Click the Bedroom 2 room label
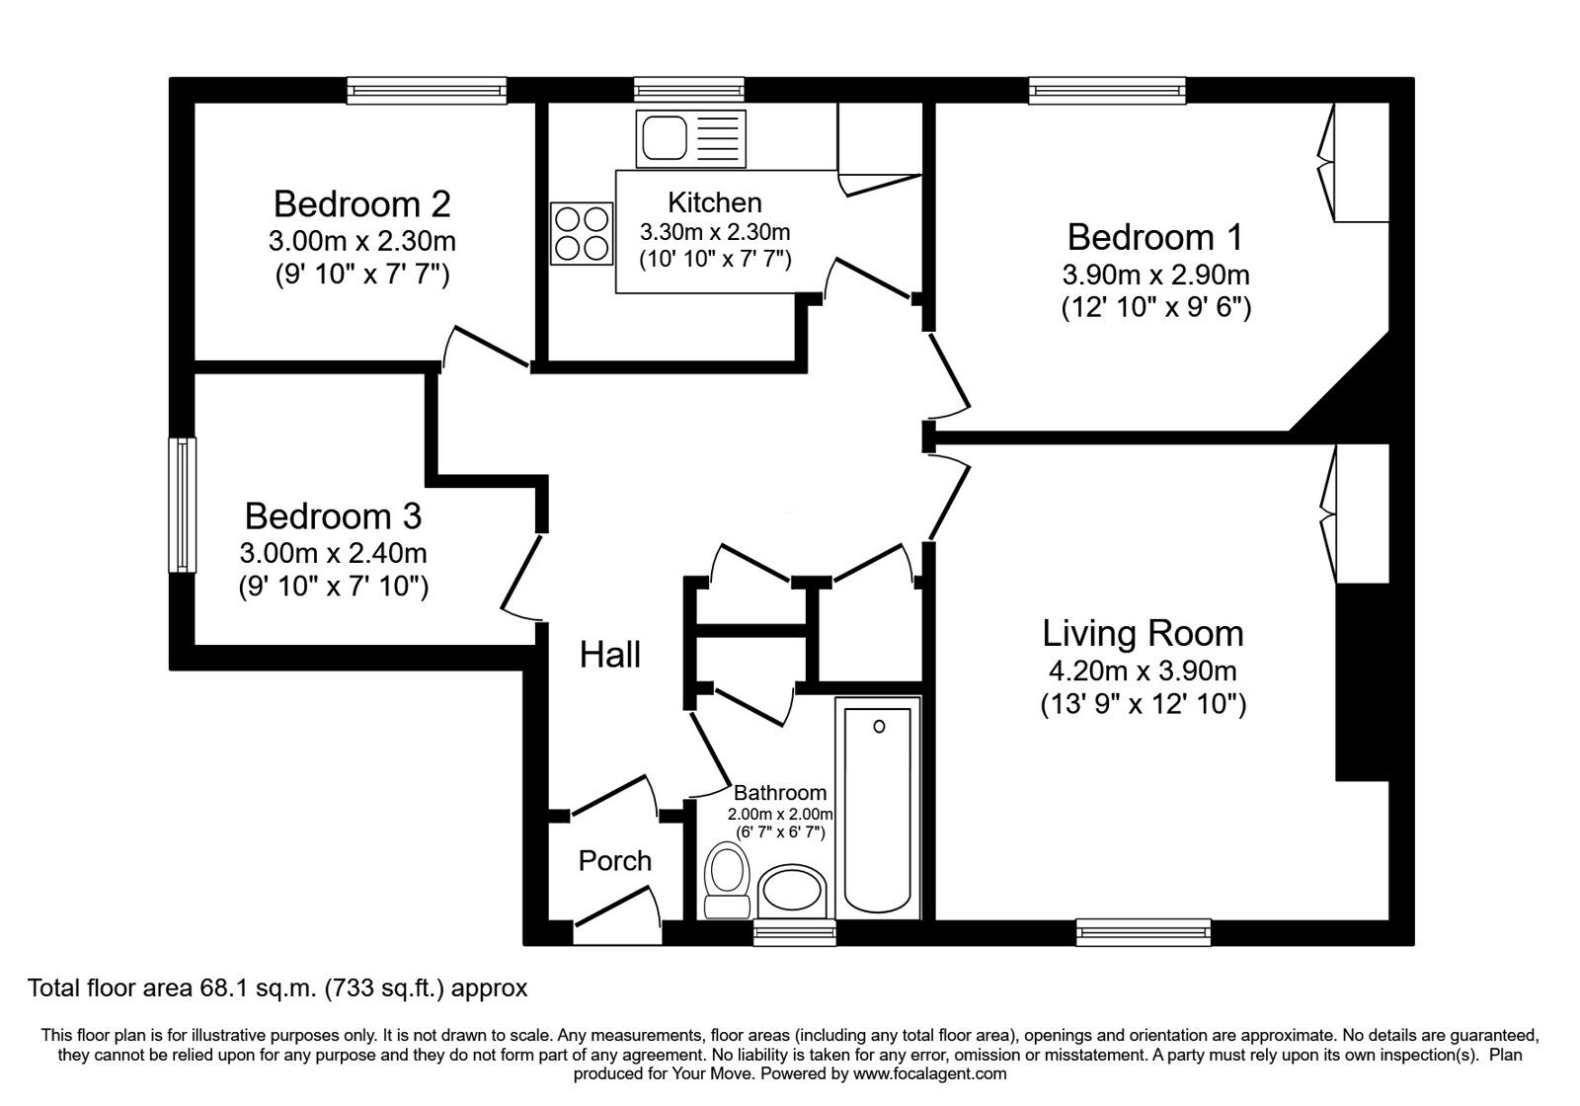tap(361, 204)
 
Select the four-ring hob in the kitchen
tap(581, 233)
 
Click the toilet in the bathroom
tap(727, 879)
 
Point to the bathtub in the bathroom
tap(878, 806)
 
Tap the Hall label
tap(609, 654)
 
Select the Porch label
tap(614, 861)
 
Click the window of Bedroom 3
tap(183, 505)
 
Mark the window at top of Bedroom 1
tap(1106, 91)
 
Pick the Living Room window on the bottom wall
tap(1143, 930)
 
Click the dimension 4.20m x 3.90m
tap(1142, 671)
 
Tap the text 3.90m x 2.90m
tap(1155, 275)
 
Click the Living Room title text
tap(1143, 633)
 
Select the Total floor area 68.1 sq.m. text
tap(277, 987)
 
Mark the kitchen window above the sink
tap(688, 91)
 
